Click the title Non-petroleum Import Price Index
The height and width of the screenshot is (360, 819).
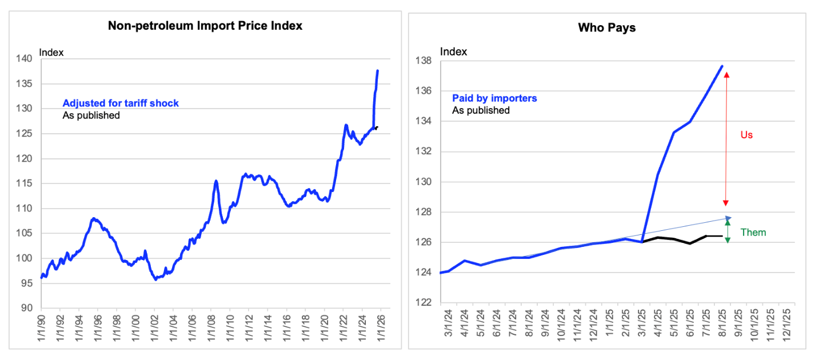click(205, 26)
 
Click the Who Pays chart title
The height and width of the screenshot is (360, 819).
click(606, 27)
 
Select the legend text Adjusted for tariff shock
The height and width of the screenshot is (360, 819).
click(121, 103)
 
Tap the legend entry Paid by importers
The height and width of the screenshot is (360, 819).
click(494, 98)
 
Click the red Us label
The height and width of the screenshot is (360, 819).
click(746, 135)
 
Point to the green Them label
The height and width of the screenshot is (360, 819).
click(753, 233)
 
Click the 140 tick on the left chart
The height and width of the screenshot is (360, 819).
click(24, 58)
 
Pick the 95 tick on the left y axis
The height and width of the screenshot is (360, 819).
click(26, 283)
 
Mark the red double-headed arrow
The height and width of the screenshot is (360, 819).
click(726, 139)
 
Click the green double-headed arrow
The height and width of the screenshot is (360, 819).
click(727, 230)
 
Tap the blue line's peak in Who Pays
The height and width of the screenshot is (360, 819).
click(722, 66)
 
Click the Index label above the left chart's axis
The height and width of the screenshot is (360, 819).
click(51, 53)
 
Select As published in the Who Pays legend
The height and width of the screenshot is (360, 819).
click(481, 110)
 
